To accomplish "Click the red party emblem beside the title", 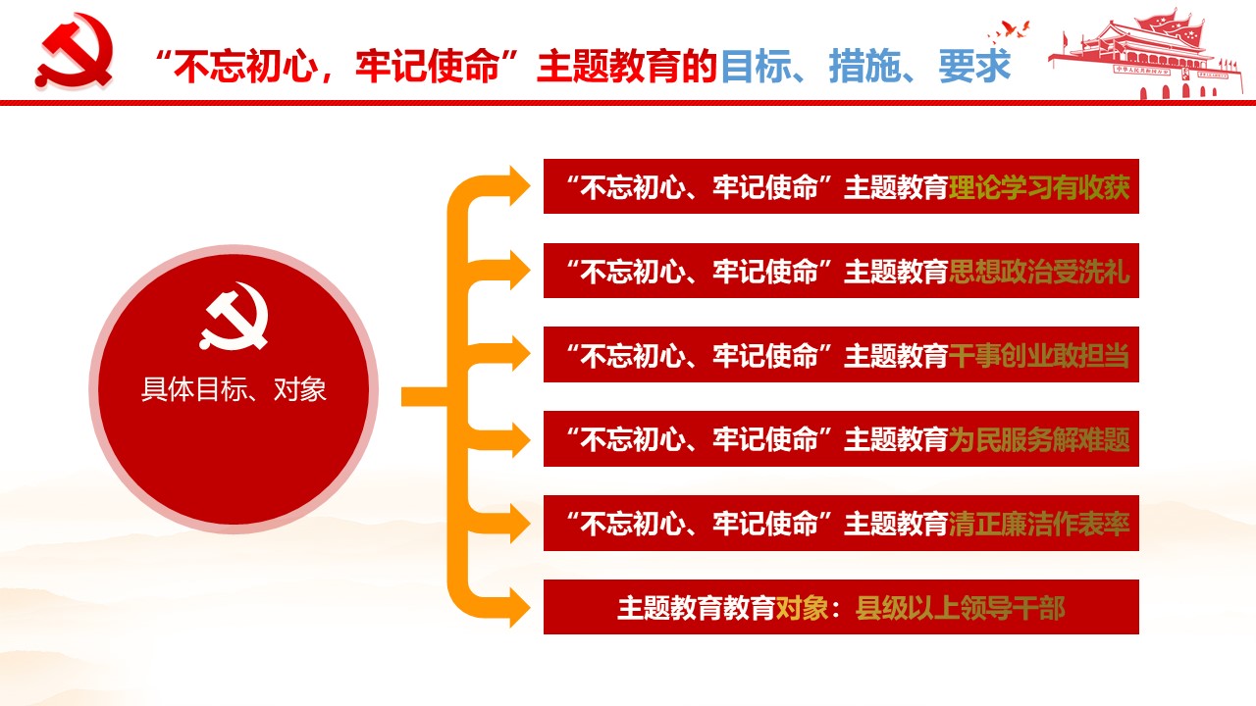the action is tap(74, 50).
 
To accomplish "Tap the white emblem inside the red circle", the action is tap(234, 316).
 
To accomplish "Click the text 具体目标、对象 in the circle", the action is tap(234, 389).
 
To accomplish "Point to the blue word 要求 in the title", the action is tap(974, 66).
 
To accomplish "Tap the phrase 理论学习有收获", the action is tap(1039, 187).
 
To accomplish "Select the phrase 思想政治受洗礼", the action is tap(1039, 272).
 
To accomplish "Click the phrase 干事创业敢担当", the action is tap(1039, 355).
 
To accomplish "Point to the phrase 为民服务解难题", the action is tap(1039, 439).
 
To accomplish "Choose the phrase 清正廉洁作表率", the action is tap(1039, 524).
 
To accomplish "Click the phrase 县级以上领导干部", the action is tap(960, 608).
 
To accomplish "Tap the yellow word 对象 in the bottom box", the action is tap(802, 608).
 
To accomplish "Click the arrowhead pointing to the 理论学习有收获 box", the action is tap(519, 186).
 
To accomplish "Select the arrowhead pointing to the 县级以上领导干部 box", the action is tap(519, 607).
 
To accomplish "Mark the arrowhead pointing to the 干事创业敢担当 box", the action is tap(519, 354).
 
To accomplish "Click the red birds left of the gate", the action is tap(1009, 31).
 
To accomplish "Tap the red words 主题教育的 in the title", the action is tap(627, 66).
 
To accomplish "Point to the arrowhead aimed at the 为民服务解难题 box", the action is tap(519, 438).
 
